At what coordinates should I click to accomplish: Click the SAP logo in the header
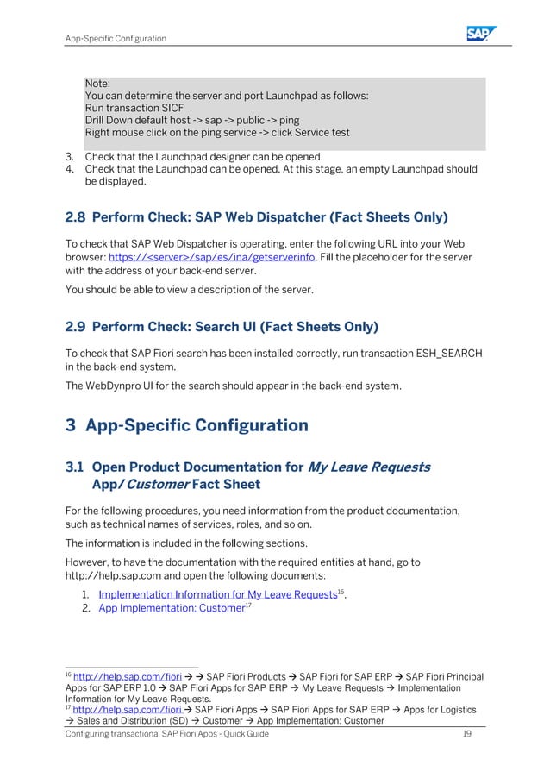coord(481,34)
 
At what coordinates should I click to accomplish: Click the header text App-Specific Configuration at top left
coord(116,38)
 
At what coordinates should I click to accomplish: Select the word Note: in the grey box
coord(97,84)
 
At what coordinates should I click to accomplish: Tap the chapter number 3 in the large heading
coord(72,426)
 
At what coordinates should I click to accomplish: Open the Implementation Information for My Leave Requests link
coord(216,594)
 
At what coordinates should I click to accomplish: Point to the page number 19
coord(466,733)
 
